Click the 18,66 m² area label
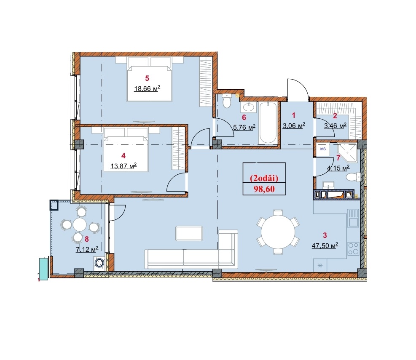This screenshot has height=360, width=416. (x=147, y=88)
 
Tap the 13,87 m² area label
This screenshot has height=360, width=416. (x=123, y=166)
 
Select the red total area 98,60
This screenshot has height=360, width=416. (x=264, y=189)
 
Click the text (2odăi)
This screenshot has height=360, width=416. (x=264, y=178)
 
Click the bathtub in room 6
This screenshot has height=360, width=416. (x=268, y=123)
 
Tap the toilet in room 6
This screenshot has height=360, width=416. (x=227, y=101)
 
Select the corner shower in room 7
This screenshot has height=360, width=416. (x=348, y=152)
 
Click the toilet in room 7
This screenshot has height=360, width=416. (x=353, y=177)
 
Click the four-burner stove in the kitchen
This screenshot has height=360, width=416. (x=353, y=249)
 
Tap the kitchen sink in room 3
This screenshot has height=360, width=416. (x=353, y=218)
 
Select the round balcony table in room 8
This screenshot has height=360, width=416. (x=80, y=224)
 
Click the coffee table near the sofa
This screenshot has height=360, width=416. (x=189, y=233)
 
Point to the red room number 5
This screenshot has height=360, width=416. (x=147, y=78)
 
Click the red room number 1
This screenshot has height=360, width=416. (x=293, y=115)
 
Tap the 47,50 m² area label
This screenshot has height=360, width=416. (x=325, y=245)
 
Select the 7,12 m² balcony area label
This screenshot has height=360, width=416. (x=87, y=249)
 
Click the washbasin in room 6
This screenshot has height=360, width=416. (x=249, y=107)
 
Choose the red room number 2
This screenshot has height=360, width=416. (x=335, y=116)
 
